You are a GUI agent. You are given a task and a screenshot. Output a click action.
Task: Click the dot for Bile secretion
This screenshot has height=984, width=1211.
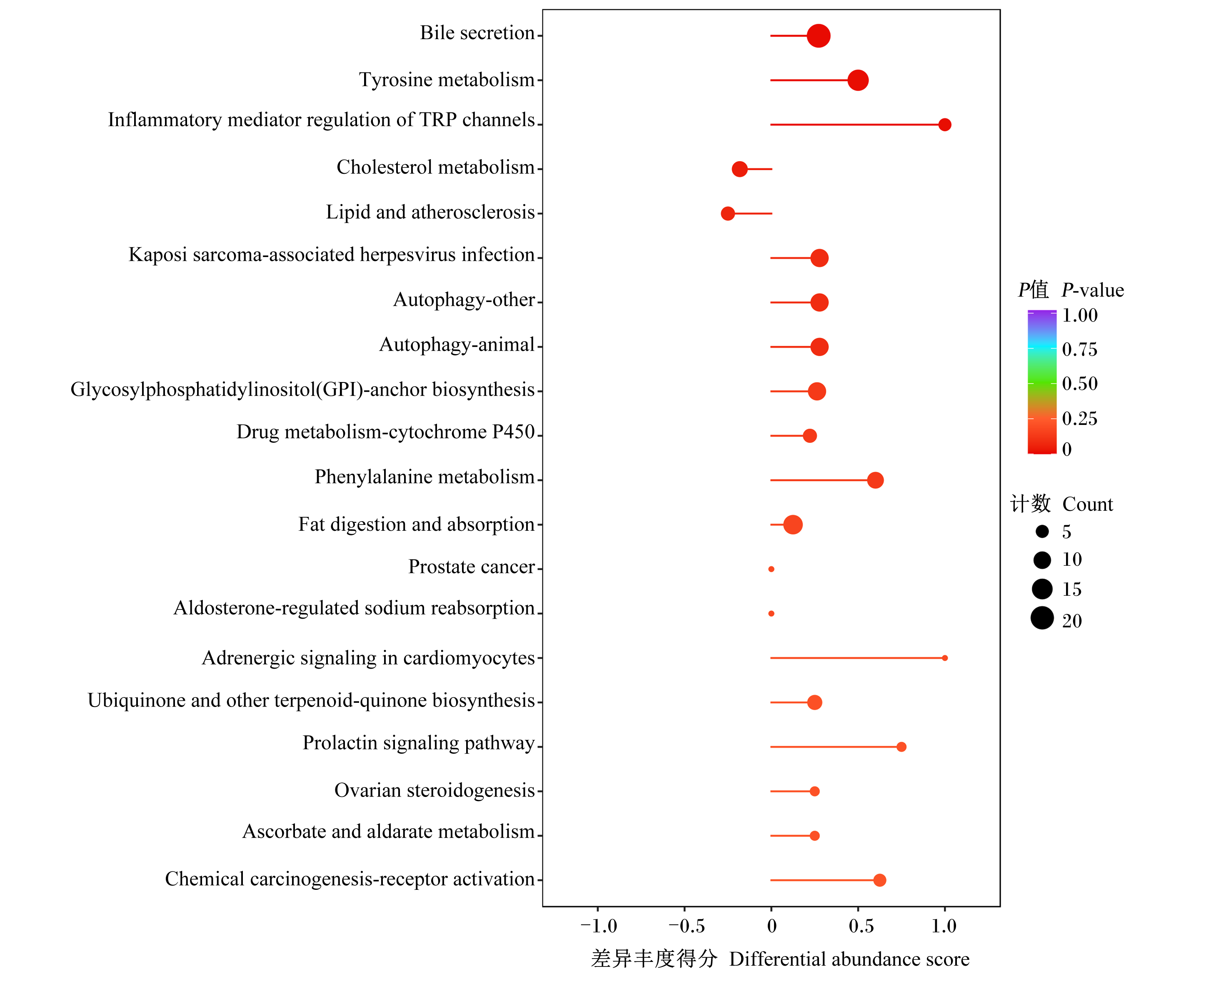click(x=818, y=36)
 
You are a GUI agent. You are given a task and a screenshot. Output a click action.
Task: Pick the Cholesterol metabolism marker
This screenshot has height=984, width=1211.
click(x=739, y=169)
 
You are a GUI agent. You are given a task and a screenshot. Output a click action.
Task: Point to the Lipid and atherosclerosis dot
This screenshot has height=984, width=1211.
click(x=728, y=213)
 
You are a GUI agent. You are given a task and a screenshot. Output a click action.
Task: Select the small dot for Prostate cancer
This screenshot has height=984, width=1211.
click(x=771, y=569)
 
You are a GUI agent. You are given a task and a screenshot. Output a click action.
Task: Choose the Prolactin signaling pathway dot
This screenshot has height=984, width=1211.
click(x=901, y=747)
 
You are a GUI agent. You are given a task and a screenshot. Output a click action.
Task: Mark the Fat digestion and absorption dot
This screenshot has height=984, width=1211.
click(x=792, y=524)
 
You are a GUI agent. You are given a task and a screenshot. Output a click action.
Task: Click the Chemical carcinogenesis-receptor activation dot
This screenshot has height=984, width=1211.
click(x=879, y=880)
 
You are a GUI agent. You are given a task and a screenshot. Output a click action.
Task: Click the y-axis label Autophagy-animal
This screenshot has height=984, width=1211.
click(x=457, y=345)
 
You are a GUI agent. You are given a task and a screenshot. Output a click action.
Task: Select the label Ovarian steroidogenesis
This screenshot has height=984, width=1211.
click(x=434, y=790)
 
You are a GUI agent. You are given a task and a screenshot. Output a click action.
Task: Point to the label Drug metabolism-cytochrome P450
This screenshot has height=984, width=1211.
click(x=385, y=432)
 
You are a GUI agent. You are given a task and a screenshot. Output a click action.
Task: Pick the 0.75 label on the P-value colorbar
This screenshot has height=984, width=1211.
click(x=1079, y=349)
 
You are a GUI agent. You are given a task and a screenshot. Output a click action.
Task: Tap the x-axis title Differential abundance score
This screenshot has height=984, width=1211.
click(x=849, y=959)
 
